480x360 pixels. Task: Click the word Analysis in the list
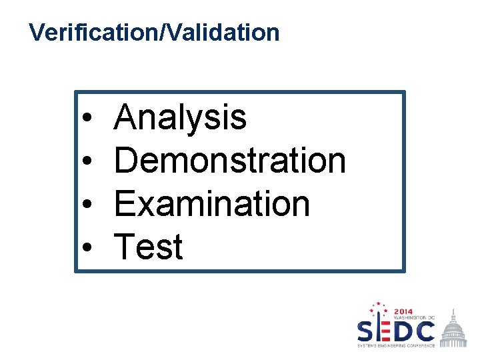180,119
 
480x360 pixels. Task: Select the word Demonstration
230,161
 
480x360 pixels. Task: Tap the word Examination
212,204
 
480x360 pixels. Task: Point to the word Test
149,247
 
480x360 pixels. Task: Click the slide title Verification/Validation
155,32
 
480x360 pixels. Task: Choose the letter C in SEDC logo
425,331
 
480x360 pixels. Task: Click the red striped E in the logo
383,331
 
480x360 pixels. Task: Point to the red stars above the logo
378,308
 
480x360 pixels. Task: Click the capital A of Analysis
127,119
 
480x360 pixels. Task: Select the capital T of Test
125,247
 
